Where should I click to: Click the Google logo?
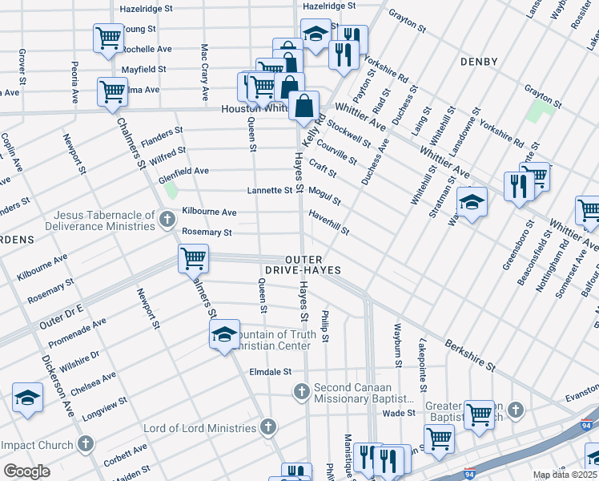[27, 471]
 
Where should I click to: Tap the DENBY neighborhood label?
[479, 61]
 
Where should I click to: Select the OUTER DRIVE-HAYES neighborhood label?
[313, 265]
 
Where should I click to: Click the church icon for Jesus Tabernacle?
[167, 219]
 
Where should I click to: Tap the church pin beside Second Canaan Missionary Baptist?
[302, 392]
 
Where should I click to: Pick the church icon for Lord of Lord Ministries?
[268, 428]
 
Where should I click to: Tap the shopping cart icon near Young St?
[108, 38]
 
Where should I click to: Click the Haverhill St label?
[329, 224]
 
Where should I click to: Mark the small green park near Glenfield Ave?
[171, 191]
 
